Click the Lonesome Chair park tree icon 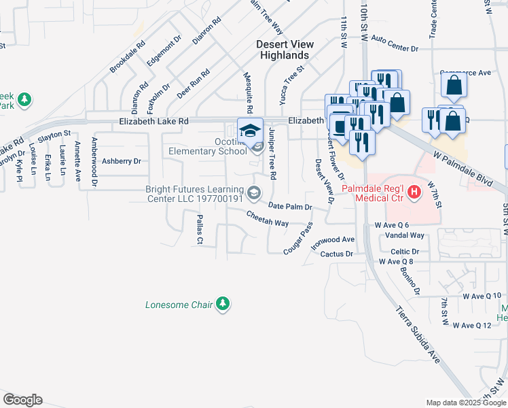(223, 305)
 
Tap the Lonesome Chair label (179, 305)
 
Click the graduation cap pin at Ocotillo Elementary (250, 130)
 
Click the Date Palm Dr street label (290, 206)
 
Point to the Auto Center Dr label (395, 48)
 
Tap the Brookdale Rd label (128, 56)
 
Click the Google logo (22, 400)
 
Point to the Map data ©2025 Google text (465, 403)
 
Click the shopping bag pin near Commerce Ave (454, 86)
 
